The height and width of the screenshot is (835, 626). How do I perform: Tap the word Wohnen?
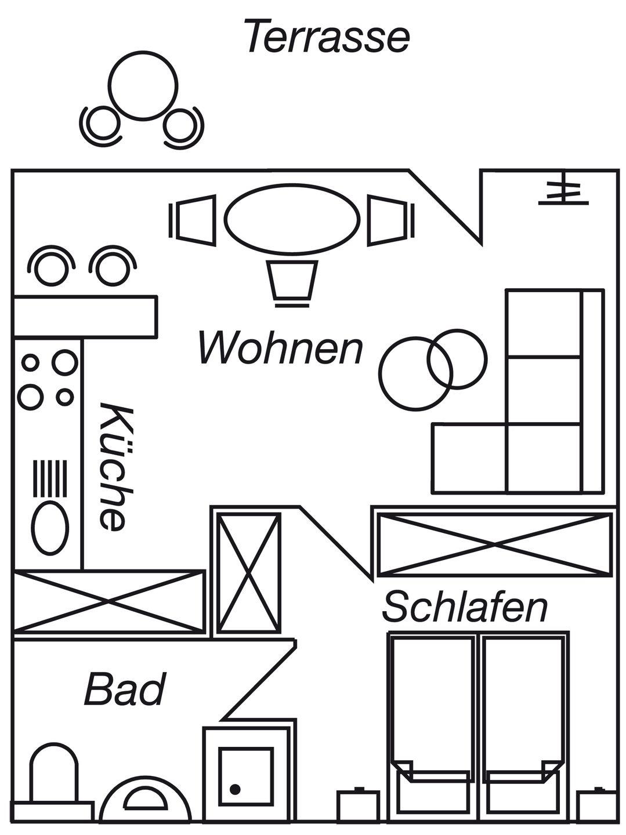pos(281,348)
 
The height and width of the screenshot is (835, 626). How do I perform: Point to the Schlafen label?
pos(465,607)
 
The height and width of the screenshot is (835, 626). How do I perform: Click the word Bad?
pos(125,689)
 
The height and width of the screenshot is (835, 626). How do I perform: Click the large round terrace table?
pos(143,85)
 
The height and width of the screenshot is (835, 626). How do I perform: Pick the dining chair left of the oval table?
pos(193,220)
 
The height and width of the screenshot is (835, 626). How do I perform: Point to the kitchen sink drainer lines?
pos(50,479)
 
